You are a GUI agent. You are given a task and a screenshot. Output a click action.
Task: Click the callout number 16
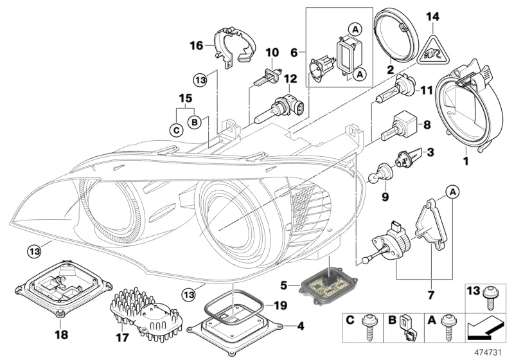[196, 45]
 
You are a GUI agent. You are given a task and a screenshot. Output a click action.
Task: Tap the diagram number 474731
[488, 352]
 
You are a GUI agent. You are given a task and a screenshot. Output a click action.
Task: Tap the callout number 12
[290, 79]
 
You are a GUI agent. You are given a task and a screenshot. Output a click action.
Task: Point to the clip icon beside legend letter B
[407, 328]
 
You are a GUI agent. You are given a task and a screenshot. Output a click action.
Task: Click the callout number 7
[429, 295]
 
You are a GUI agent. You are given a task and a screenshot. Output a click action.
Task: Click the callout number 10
[271, 51]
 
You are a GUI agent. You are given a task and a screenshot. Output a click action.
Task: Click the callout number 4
[299, 325]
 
